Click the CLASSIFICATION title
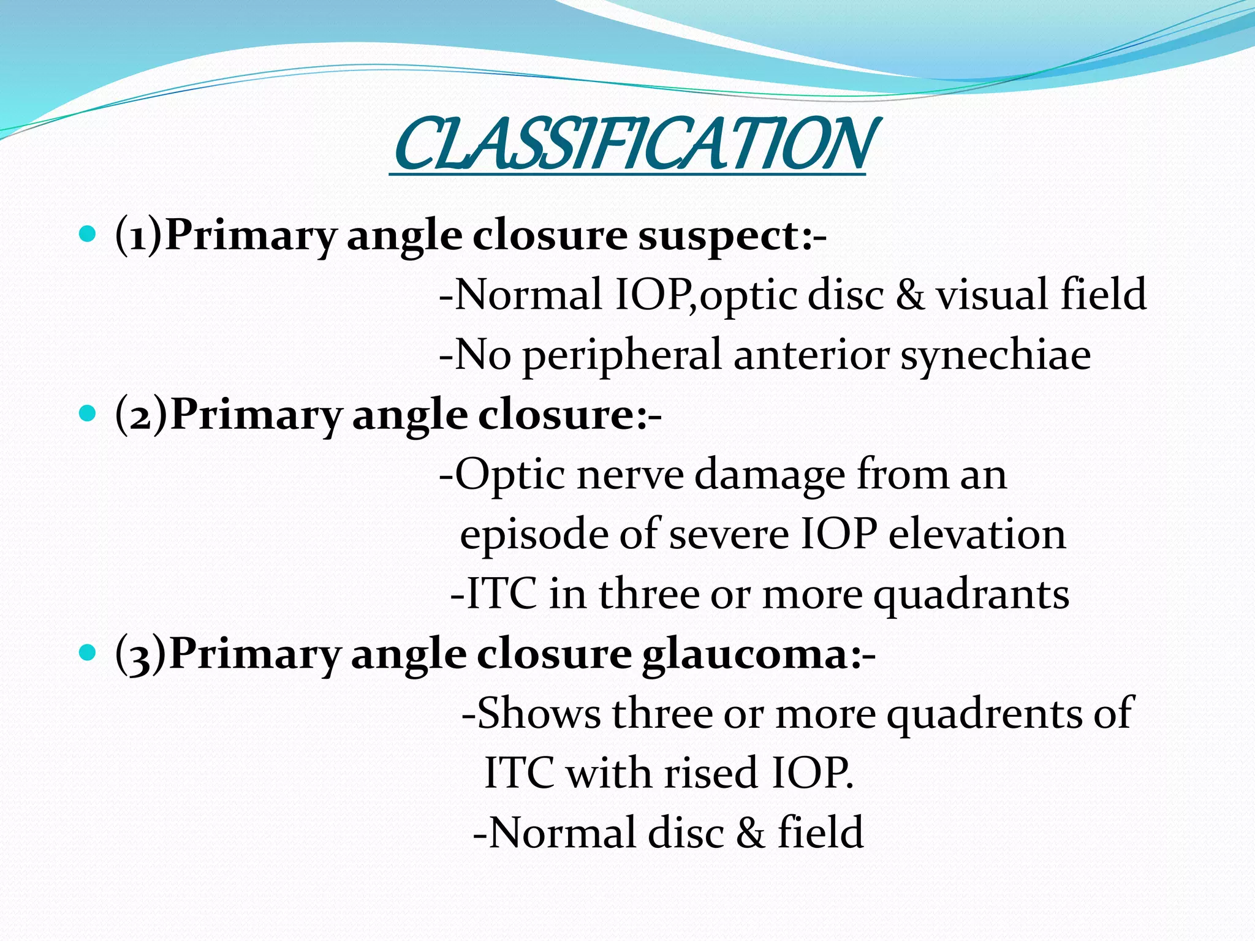click(631, 145)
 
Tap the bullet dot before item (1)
click(88, 235)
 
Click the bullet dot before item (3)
click(88, 654)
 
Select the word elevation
click(977, 534)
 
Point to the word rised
click(711, 773)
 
